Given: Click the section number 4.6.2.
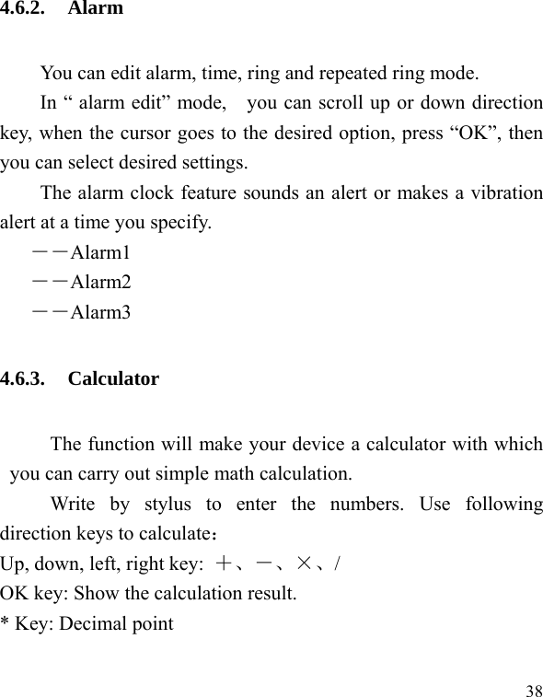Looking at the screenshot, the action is point(25,9).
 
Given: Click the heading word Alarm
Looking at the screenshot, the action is point(95,9).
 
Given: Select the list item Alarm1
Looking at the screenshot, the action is point(100,252).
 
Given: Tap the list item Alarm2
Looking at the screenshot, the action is point(100,282).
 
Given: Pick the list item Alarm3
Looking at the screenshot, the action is point(100,312).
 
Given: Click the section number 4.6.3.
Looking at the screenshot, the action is point(25,378).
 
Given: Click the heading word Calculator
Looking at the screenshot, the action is point(113,378).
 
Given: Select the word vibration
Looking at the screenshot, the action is point(508,193).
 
